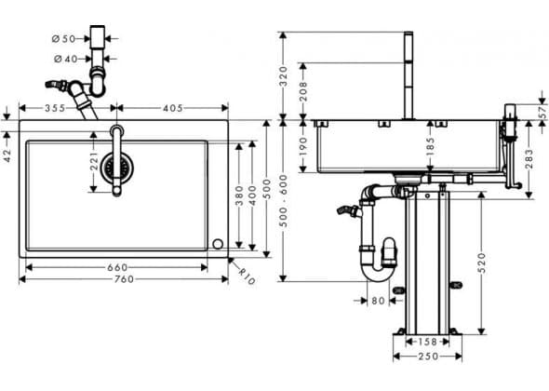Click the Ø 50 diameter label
click(x=63, y=38)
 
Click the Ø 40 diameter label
click(x=66, y=60)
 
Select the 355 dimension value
click(x=55, y=108)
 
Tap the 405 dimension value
click(x=173, y=108)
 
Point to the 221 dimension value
click(x=94, y=161)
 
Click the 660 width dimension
click(x=117, y=268)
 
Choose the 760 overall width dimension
click(x=125, y=279)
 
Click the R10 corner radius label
click(x=248, y=276)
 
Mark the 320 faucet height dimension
click(x=283, y=76)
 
